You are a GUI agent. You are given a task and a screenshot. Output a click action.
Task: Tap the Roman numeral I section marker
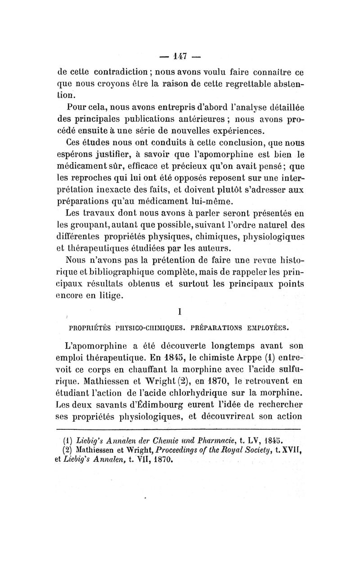pyautogui.click(x=180, y=311)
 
